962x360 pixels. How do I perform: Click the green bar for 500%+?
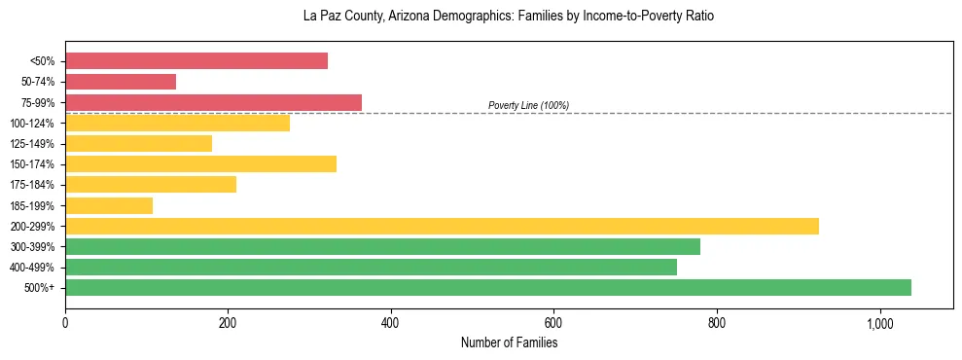(488, 287)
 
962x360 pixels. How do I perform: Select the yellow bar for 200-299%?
(442, 226)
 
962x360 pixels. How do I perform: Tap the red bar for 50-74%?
(121, 82)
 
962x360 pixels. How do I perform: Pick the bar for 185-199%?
(109, 205)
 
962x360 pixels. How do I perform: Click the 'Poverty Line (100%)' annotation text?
(528, 105)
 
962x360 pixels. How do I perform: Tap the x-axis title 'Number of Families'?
(509, 342)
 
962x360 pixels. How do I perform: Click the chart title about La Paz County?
(509, 17)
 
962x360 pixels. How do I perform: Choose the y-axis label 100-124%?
(32, 124)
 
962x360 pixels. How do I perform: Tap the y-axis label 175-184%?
(32, 185)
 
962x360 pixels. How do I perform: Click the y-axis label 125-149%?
(32, 144)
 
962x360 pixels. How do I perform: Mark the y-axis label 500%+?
(39, 288)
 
